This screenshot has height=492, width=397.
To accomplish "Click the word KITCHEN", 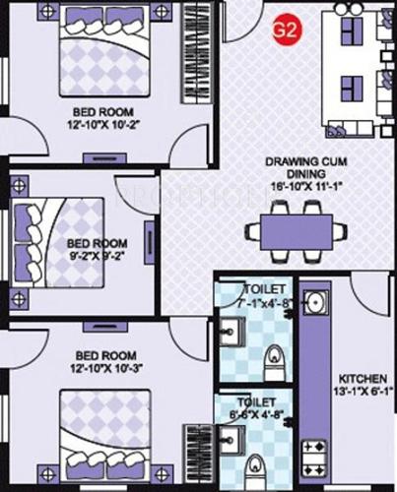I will point(362,379).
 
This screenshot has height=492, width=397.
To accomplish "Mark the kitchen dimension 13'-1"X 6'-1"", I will point(362,394).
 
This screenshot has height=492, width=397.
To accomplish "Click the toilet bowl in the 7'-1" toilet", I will point(276,356).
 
